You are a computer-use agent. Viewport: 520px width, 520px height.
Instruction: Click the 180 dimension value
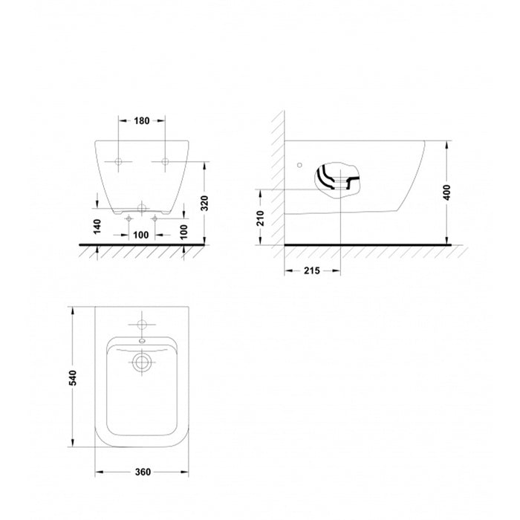[142, 120]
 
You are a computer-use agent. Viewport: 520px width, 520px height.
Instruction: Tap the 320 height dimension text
[204, 203]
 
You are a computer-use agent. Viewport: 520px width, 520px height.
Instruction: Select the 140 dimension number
[97, 227]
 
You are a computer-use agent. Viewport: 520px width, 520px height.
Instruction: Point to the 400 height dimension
[447, 192]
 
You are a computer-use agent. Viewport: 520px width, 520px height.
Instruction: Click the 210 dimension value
[261, 218]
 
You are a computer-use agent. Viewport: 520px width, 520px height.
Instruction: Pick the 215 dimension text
[312, 270]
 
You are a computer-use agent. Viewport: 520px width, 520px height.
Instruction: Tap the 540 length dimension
[72, 377]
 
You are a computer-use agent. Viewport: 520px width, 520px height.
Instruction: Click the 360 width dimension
[143, 472]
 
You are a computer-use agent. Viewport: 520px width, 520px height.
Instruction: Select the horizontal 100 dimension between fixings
[141, 235]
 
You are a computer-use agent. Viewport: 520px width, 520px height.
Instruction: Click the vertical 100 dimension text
[183, 232]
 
